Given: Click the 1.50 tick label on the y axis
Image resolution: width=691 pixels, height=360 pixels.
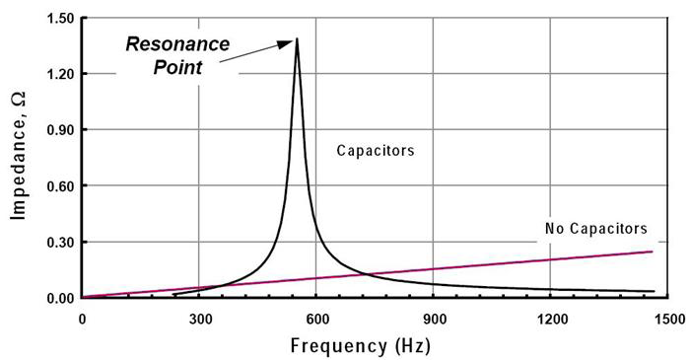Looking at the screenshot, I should (57, 19).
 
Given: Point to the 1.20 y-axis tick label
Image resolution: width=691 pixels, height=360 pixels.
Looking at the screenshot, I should (57, 74).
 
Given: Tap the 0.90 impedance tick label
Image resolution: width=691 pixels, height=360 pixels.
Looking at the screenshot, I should (57, 130).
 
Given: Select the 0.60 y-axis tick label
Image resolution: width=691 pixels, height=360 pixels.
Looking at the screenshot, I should (57, 185).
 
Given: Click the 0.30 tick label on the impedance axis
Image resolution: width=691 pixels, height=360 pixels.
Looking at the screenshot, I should (57, 242).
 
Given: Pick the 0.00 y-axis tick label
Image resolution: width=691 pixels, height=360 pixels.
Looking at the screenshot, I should (57, 298).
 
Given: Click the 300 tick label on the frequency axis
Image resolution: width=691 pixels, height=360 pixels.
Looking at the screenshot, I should (200, 319).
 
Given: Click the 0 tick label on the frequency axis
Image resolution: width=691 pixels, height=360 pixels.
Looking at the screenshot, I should (82, 319).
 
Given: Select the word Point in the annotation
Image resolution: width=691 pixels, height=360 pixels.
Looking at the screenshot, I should (170, 67).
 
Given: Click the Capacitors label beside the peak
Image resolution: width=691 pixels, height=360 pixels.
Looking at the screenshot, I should (375, 152).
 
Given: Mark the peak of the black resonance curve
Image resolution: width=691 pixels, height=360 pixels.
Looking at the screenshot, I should (297, 38).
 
